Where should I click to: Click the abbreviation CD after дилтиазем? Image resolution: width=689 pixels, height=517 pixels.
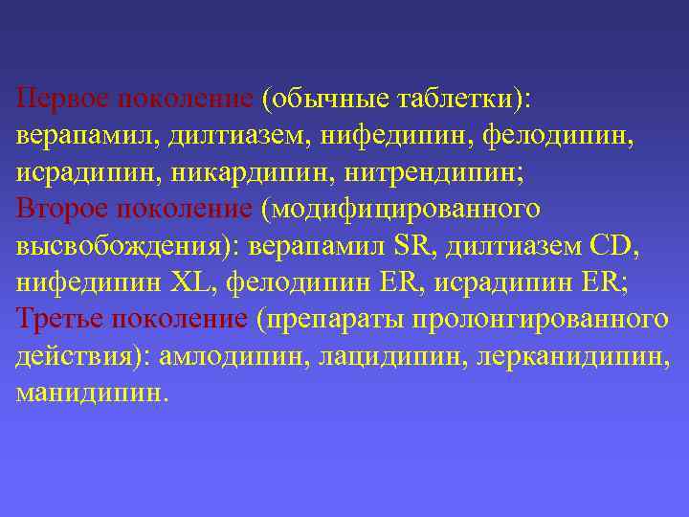coord(610,245)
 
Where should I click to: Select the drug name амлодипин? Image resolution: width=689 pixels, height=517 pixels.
coord(225,355)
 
